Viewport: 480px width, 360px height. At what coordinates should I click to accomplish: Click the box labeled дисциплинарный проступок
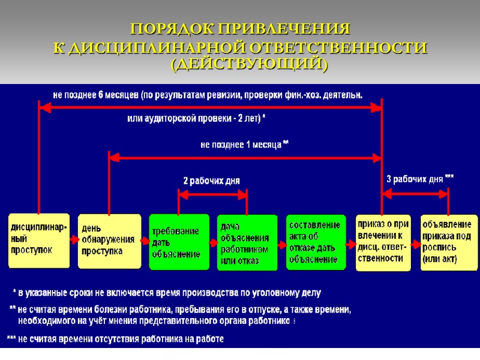(x=38, y=239)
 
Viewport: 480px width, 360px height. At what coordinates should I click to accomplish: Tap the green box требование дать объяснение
(x=179, y=242)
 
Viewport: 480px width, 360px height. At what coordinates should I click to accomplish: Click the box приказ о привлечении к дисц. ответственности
(x=384, y=241)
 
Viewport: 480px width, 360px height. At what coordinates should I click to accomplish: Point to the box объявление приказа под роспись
(x=449, y=242)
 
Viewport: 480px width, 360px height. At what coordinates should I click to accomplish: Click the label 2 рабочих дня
(x=211, y=181)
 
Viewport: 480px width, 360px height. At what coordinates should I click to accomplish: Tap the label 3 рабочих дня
(x=419, y=179)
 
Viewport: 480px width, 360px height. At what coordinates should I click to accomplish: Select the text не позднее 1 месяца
(x=244, y=145)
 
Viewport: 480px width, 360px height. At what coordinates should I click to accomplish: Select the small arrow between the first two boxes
(x=74, y=239)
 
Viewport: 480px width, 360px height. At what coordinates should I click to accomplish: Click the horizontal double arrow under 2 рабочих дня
(x=213, y=194)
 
